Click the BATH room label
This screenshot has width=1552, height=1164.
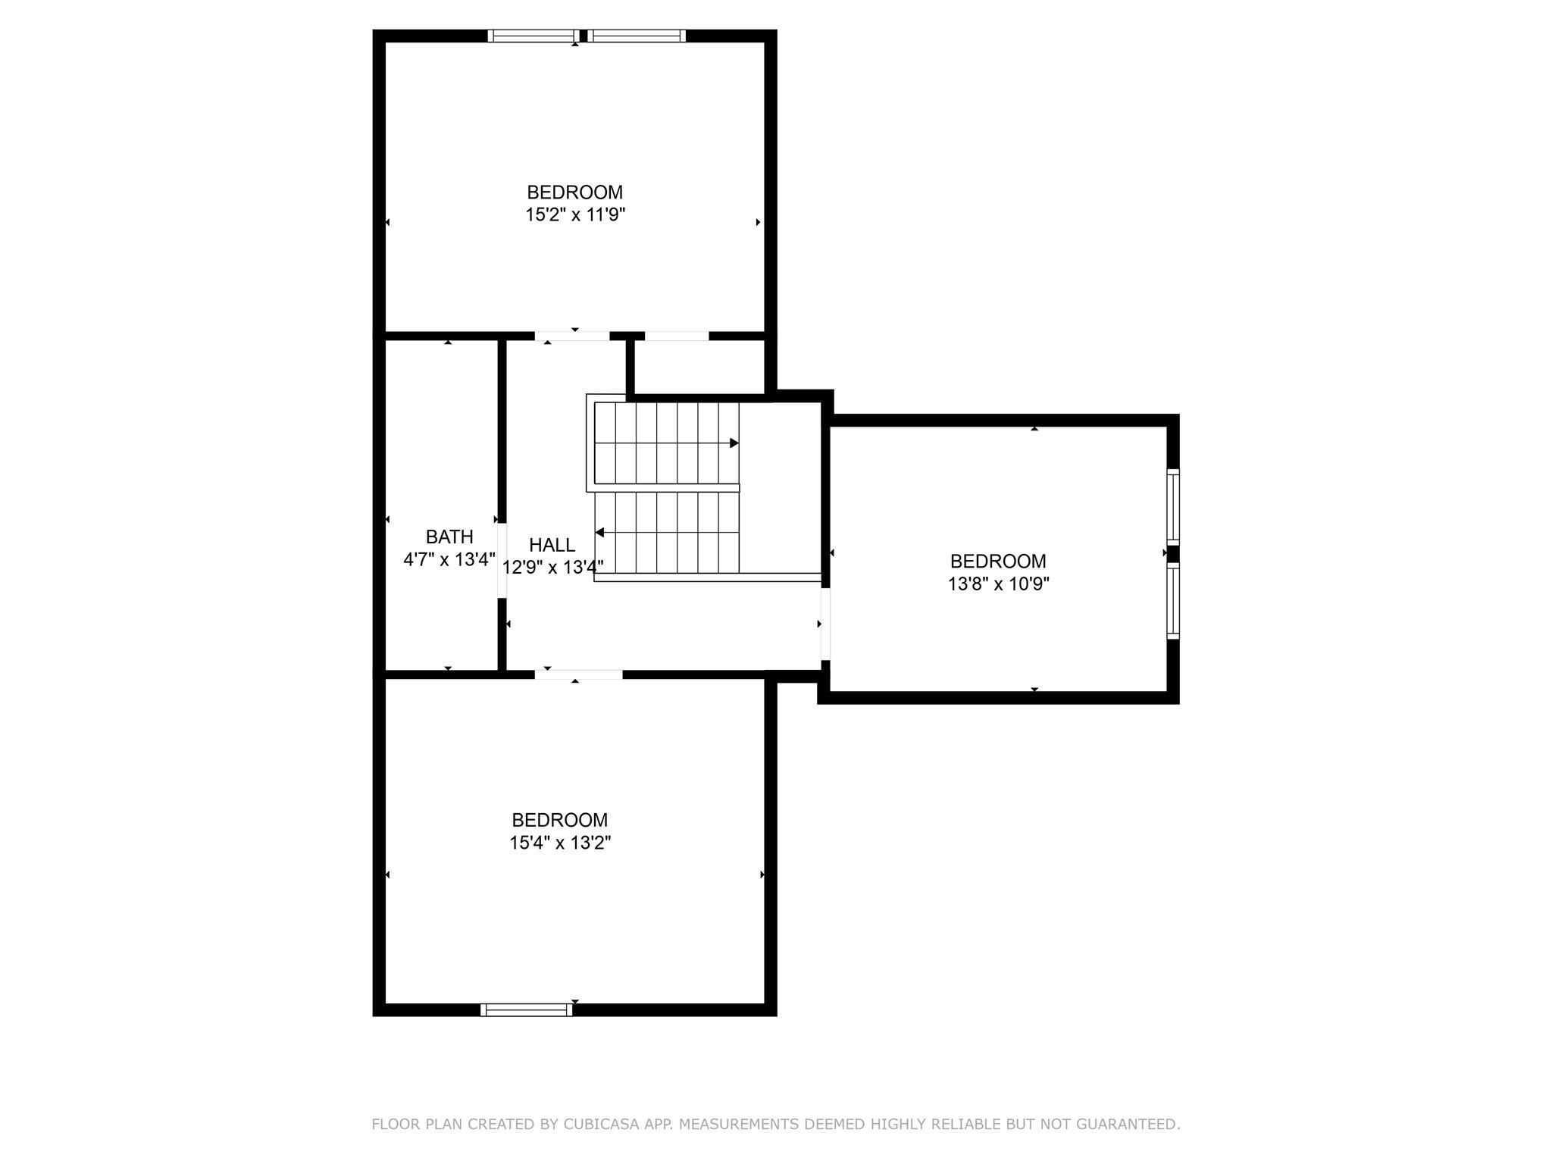(449, 537)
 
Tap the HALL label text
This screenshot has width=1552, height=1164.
(552, 544)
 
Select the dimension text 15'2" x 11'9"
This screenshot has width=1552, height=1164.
(575, 215)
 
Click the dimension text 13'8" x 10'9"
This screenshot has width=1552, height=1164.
(998, 584)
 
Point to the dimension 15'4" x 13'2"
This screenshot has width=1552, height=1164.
(560, 843)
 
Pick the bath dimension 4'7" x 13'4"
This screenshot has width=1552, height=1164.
(449, 560)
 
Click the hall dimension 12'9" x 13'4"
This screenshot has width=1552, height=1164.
(552, 567)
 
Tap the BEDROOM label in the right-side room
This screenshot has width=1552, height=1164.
(998, 561)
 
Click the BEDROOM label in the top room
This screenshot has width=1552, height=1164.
(575, 192)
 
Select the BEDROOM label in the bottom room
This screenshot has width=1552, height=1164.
(560, 819)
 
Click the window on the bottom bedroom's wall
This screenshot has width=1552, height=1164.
(527, 1009)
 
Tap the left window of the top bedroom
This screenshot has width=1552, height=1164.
(533, 36)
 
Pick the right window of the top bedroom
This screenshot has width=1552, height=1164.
(637, 36)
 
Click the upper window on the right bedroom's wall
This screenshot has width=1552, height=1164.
(1173, 506)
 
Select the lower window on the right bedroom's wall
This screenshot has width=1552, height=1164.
(1173, 602)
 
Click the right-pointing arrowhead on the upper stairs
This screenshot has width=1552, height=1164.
(734, 443)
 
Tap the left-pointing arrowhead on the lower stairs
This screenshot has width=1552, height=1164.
(599, 533)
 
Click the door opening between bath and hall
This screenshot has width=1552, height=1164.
(501, 561)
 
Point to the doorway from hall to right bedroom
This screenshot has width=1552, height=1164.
(826, 623)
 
